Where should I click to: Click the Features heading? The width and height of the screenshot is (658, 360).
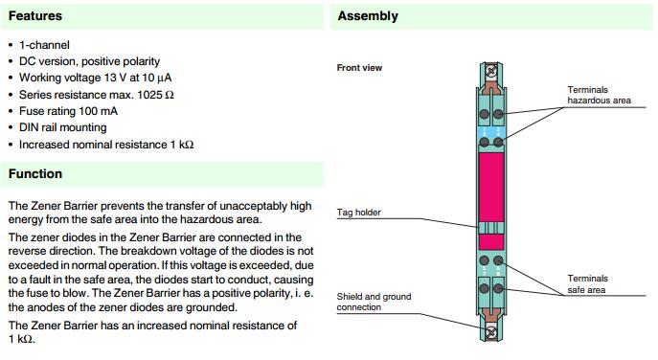[35, 16]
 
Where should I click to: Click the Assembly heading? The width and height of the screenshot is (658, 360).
[368, 16]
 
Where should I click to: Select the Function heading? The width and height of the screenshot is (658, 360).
[35, 173]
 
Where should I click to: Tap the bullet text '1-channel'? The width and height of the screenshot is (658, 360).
[44, 45]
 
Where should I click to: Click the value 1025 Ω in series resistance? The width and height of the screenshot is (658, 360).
[155, 95]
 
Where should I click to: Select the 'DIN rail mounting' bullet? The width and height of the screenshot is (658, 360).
[63, 127]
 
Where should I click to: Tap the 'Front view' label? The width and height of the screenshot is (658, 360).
[359, 68]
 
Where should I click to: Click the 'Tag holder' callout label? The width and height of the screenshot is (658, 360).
[359, 213]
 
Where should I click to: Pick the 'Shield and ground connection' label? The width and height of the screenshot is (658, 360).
[374, 302]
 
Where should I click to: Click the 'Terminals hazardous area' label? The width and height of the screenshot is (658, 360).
[599, 95]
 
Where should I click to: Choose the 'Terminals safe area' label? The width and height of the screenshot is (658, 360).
[587, 284]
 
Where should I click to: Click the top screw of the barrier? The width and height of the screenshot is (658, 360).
[491, 71]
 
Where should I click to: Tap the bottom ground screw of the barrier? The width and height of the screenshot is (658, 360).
[491, 332]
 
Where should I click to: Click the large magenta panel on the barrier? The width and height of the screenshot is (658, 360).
[491, 187]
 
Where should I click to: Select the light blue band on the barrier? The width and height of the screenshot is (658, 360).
[491, 133]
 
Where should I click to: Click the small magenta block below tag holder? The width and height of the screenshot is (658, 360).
[491, 242]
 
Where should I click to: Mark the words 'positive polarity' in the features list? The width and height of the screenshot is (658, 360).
[121, 61]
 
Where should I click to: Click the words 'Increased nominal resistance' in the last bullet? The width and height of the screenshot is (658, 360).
[93, 145]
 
